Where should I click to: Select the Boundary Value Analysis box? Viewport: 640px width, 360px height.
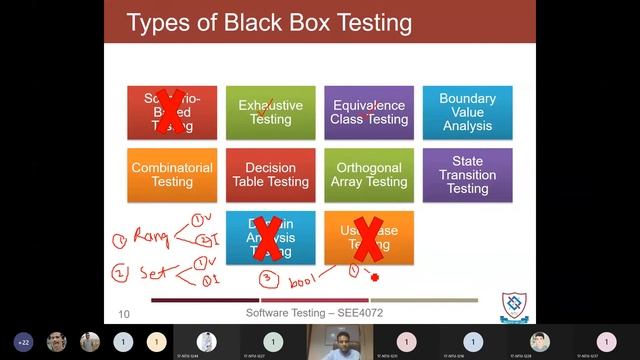(x=467, y=112)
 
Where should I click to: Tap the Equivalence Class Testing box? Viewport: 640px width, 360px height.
(x=369, y=112)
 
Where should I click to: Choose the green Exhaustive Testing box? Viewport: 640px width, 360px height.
(x=271, y=112)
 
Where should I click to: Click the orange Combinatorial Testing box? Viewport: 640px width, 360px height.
(x=172, y=175)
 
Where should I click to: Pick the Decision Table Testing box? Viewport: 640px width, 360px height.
(x=271, y=175)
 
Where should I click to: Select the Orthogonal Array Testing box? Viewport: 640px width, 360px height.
(x=369, y=175)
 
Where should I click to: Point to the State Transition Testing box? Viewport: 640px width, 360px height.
(x=467, y=175)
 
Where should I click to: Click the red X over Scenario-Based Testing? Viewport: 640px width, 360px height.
(x=171, y=112)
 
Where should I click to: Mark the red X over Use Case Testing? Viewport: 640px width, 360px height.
(x=369, y=239)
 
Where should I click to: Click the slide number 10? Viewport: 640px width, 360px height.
(x=124, y=314)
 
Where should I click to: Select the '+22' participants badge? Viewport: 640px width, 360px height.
(x=23, y=342)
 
